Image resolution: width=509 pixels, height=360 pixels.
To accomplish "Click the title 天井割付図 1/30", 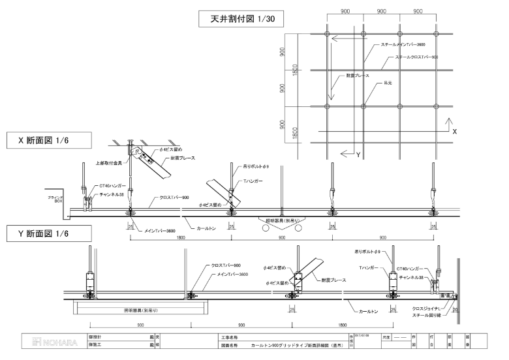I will click(x=241, y=20).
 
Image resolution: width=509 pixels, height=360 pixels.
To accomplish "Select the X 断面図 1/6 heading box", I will click(x=47, y=140).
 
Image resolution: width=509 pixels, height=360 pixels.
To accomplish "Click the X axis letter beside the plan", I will click(x=455, y=131).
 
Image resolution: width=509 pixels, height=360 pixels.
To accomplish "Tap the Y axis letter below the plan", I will click(x=358, y=154).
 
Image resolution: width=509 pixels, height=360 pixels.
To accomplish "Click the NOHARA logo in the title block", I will click(x=54, y=342).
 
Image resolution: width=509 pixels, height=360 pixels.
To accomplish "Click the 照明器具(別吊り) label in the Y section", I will click(x=138, y=310).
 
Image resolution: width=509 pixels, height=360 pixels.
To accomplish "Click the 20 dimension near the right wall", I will click(x=455, y=303).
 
